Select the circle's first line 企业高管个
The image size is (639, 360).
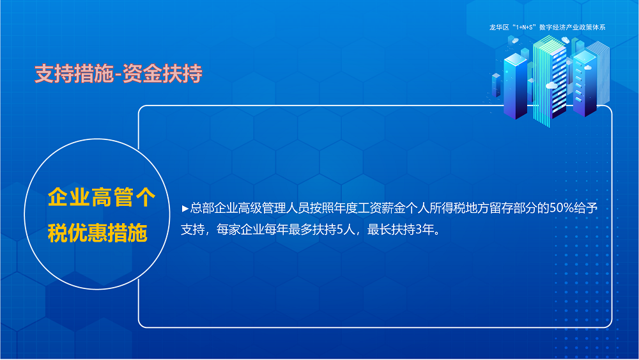click(101, 198)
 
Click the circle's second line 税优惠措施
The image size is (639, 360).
click(97, 233)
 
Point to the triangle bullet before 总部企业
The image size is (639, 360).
click(185, 208)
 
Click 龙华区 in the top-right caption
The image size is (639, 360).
click(498, 27)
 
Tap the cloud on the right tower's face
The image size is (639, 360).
click(585, 67)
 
